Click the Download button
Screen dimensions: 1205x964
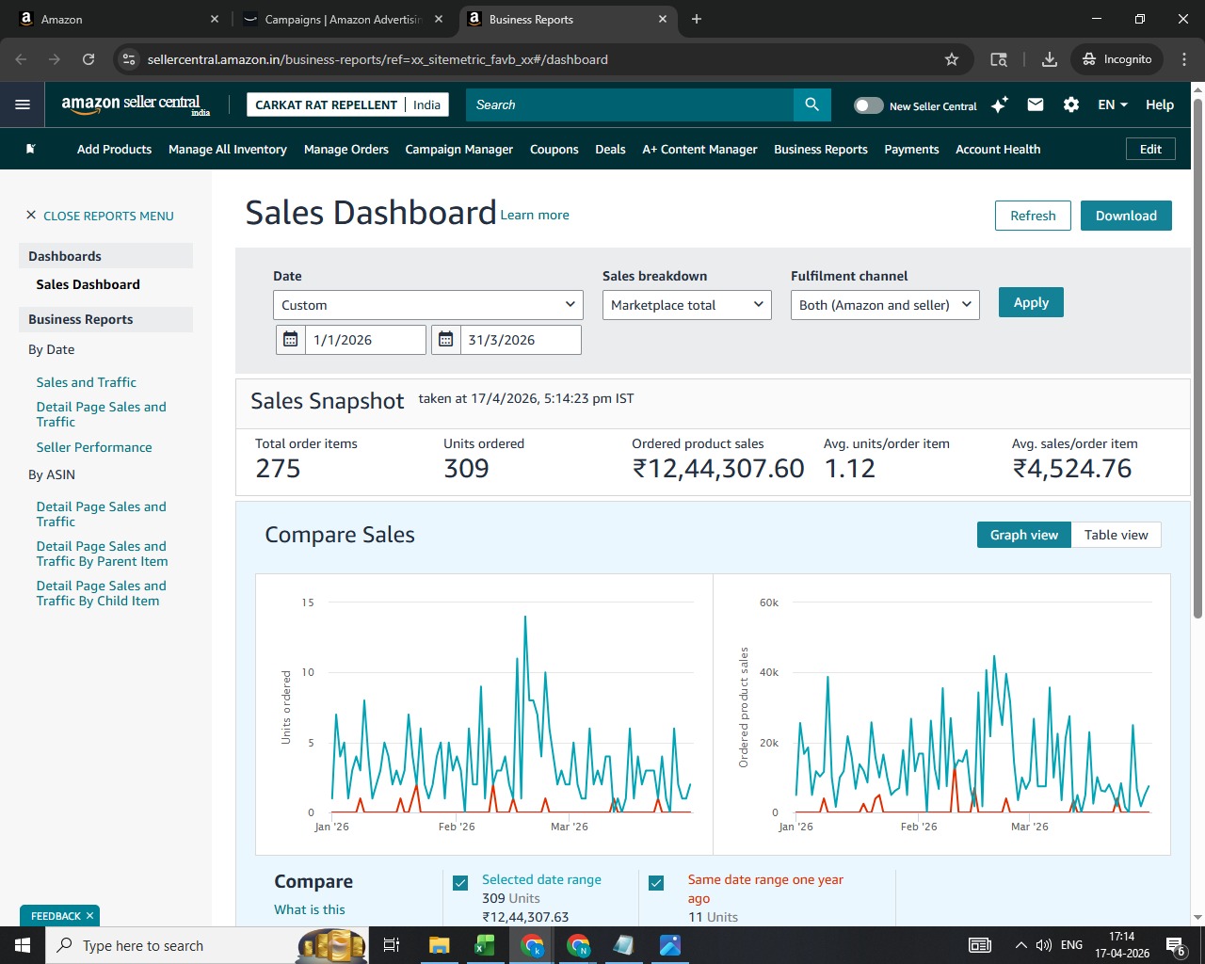point(1126,216)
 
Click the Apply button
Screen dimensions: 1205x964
point(1031,302)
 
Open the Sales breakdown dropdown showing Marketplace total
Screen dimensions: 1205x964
point(686,305)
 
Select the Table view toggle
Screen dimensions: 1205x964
point(1116,535)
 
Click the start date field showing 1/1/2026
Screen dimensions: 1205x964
point(365,340)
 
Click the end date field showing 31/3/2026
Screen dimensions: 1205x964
point(521,340)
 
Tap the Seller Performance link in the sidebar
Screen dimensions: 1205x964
point(94,447)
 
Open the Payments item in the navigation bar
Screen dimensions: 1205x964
point(911,149)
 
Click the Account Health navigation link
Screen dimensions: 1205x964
point(998,149)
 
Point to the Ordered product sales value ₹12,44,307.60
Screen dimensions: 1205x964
point(718,468)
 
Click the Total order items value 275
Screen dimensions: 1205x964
point(278,468)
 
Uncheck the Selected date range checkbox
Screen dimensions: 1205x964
point(460,883)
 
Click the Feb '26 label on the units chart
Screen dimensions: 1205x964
point(457,827)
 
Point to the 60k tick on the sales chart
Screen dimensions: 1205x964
point(769,602)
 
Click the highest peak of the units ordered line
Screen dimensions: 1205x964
point(525,617)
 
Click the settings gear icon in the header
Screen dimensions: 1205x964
point(1070,104)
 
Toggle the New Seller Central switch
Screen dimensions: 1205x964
point(869,105)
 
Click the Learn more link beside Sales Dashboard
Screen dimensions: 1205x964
point(534,215)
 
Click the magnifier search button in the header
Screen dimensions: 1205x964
point(811,104)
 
